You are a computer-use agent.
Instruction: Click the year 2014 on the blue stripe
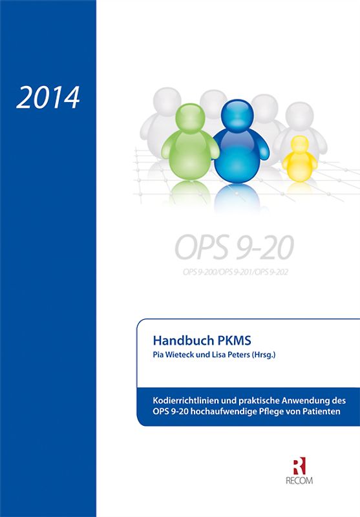tap(48, 97)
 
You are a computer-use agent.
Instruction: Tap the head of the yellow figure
tap(299, 143)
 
